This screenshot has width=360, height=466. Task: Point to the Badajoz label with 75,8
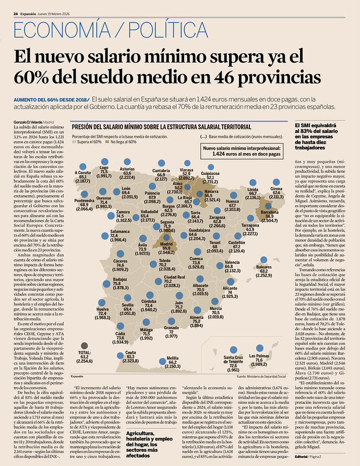tap(121, 283)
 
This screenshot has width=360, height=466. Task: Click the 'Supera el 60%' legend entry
tap(88, 141)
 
